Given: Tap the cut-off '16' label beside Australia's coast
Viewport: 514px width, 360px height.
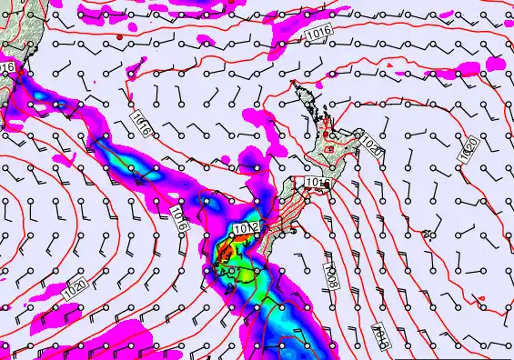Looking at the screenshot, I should (x=7, y=67).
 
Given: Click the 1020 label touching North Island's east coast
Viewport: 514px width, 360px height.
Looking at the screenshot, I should (x=370, y=145).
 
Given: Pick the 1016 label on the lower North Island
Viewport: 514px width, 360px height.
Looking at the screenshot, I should (x=315, y=183).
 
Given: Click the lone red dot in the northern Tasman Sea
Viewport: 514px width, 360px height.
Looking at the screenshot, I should (x=117, y=37).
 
